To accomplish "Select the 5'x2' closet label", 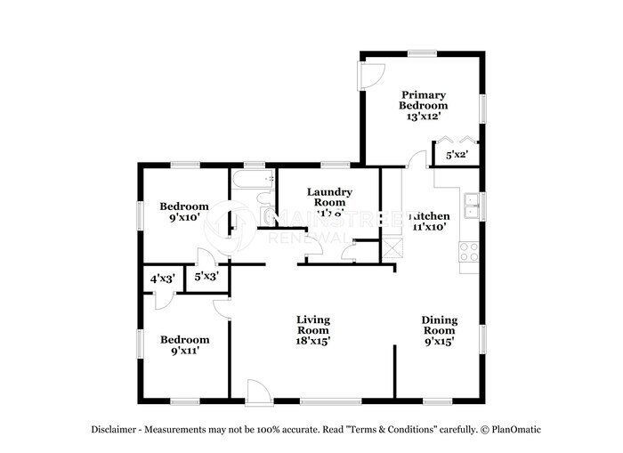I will [x=457, y=155].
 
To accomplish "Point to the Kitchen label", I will [x=429, y=216].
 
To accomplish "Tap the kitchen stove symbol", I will [x=469, y=252].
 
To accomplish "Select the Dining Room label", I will [x=439, y=325].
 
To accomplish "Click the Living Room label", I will [x=313, y=325].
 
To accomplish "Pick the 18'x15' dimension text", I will [x=313, y=341].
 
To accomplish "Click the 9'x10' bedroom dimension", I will [x=184, y=215].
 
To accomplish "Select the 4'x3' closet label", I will [x=161, y=279].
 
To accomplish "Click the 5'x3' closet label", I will [x=206, y=277].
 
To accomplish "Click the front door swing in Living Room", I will [x=256, y=390].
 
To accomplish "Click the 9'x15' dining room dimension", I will [x=439, y=341].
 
